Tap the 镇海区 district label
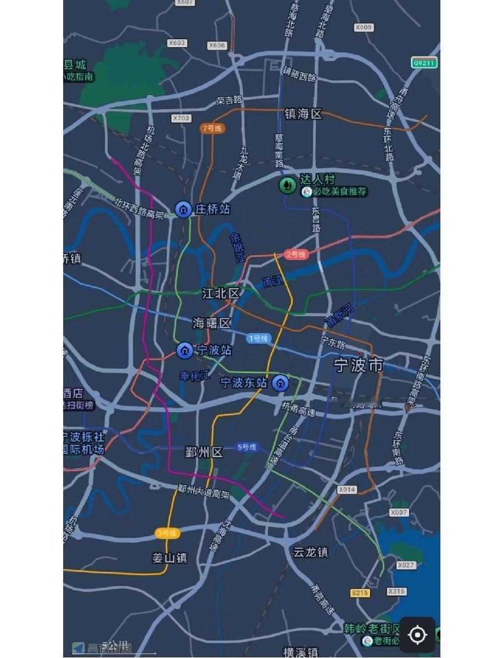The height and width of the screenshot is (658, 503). tap(303, 114)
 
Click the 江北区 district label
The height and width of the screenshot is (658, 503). tap(221, 294)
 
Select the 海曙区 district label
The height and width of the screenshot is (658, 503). tap(211, 323)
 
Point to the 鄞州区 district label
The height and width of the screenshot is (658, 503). tap(204, 452)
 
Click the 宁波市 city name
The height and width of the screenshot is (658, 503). tap(359, 365)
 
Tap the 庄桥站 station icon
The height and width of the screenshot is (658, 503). tap(183, 209)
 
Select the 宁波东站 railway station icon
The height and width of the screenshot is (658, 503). tap(281, 383)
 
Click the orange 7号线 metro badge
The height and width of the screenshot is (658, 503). tap(212, 128)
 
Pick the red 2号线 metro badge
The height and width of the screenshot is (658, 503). tap(296, 254)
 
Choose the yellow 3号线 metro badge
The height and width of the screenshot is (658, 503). tap(167, 533)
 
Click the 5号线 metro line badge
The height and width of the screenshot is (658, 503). tap(247, 447)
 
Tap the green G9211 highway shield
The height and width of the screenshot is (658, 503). tap(424, 63)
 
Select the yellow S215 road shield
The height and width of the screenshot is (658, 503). tap(360, 593)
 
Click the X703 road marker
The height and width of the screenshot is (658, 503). tap(181, 118)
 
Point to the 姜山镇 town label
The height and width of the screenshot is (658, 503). tap(170, 558)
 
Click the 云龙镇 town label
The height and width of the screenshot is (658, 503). tap(310, 552)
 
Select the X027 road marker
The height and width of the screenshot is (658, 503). tap(406, 565)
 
